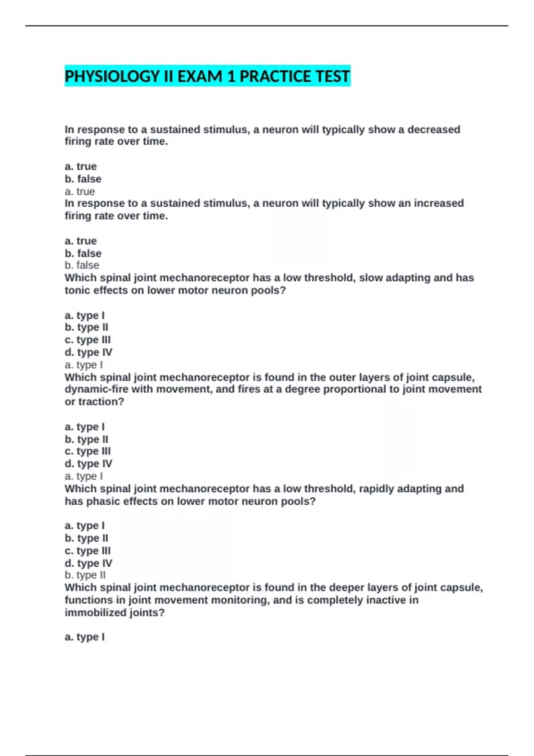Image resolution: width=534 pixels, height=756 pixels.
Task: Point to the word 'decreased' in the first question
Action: click(x=433, y=129)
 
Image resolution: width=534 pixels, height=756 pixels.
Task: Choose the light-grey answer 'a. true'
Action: click(x=80, y=192)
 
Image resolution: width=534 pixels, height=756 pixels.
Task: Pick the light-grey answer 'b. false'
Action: click(x=82, y=265)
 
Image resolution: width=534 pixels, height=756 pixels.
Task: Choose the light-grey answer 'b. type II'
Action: click(x=85, y=575)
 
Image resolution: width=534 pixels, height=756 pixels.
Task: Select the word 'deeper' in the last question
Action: click(x=345, y=587)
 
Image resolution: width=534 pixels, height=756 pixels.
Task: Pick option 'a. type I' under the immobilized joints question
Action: click(x=85, y=637)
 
